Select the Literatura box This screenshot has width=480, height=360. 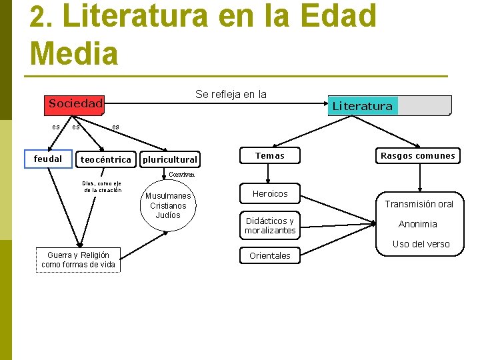[x=391, y=106]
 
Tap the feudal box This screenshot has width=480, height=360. [x=48, y=159]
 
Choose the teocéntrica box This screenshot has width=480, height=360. [x=105, y=159]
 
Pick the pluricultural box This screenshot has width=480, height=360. [x=171, y=159]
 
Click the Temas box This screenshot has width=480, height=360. [x=270, y=156]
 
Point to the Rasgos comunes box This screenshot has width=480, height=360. [x=417, y=156]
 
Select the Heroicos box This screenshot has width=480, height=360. [x=270, y=194]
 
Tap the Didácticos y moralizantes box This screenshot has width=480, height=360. [x=270, y=225]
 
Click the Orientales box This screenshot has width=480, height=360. [x=270, y=255]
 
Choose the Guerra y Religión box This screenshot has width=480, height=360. [x=79, y=260]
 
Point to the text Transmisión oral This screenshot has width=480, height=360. [x=419, y=204]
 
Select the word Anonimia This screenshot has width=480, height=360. [x=418, y=224]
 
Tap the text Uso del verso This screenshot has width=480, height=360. [x=421, y=244]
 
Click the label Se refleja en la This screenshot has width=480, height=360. [x=231, y=94]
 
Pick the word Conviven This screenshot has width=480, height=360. [x=182, y=174]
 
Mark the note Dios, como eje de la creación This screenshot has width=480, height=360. [x=102, y=187]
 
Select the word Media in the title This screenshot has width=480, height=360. [x=73, y=53]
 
